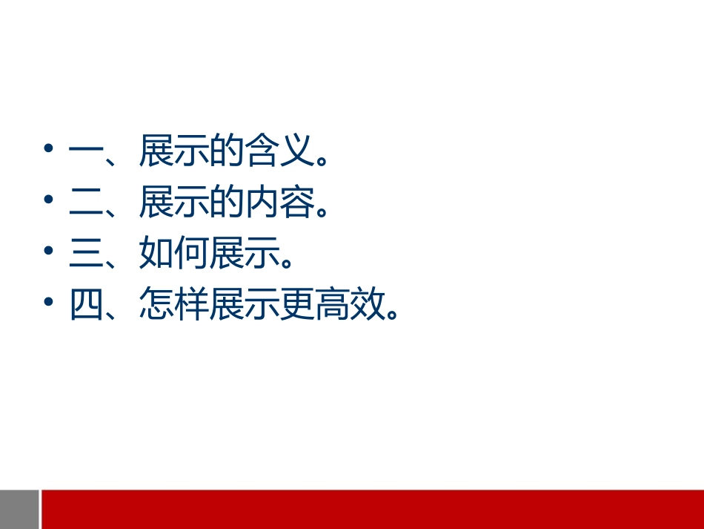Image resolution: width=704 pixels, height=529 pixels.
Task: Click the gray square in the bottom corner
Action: pyautogui.click(x=19, y=509)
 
